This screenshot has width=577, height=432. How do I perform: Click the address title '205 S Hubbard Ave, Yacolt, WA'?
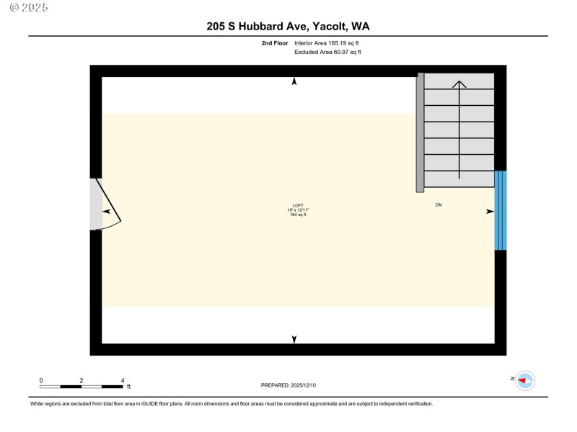pos(288,27)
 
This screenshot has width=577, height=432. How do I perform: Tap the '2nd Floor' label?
pos(276,43)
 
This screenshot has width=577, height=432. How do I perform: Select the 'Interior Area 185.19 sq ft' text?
pos(327,43)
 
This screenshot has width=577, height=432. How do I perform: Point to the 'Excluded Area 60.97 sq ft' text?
pos(327,52)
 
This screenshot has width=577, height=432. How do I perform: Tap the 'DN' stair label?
pos(439,205)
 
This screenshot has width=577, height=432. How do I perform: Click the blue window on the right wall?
pos(501,210)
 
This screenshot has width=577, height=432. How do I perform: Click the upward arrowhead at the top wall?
pos(294,82)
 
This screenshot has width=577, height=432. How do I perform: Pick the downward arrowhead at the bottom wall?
pos(294,339)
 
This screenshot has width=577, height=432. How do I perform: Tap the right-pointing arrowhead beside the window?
pos(490,212)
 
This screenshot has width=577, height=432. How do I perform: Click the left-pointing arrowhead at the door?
pos(107,212)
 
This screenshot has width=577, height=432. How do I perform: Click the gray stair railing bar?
pos(420,132)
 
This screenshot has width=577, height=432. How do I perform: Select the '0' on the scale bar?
pos(41,380)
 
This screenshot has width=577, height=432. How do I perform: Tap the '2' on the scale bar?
pos(82,380)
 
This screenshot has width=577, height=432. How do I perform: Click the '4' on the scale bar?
pos(123,380)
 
